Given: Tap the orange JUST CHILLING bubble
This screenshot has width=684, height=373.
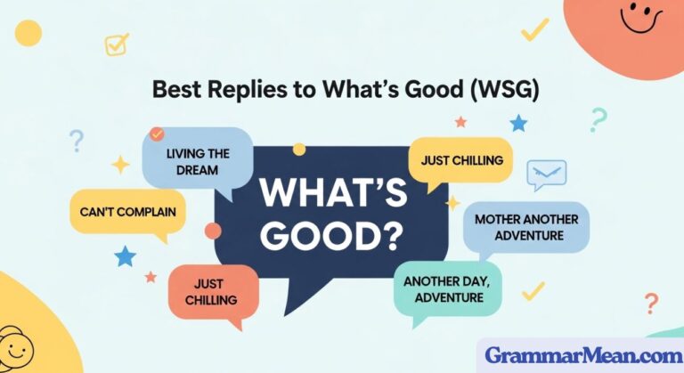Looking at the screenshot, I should pyautogui.click(x=212, y=291).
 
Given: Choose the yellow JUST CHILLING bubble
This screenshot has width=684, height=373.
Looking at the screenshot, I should pyautogui.click(x=460, y=160).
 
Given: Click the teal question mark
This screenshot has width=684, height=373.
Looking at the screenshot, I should pyautogui.click(x=598, y=119).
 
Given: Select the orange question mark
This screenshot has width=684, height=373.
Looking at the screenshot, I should pyautogui.click(x=652, y=303).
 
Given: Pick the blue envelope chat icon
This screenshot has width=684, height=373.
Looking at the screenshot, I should pyautogui.click(x=546, y=174).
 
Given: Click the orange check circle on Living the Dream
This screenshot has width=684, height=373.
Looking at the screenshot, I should pyautogui.click(x=157, y=134).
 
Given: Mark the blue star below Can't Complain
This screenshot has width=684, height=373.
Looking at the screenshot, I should pyautogui.click(x=125, y=256).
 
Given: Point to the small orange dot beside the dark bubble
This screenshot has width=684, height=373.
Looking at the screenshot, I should pyautogui.click(x=212, y=231).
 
